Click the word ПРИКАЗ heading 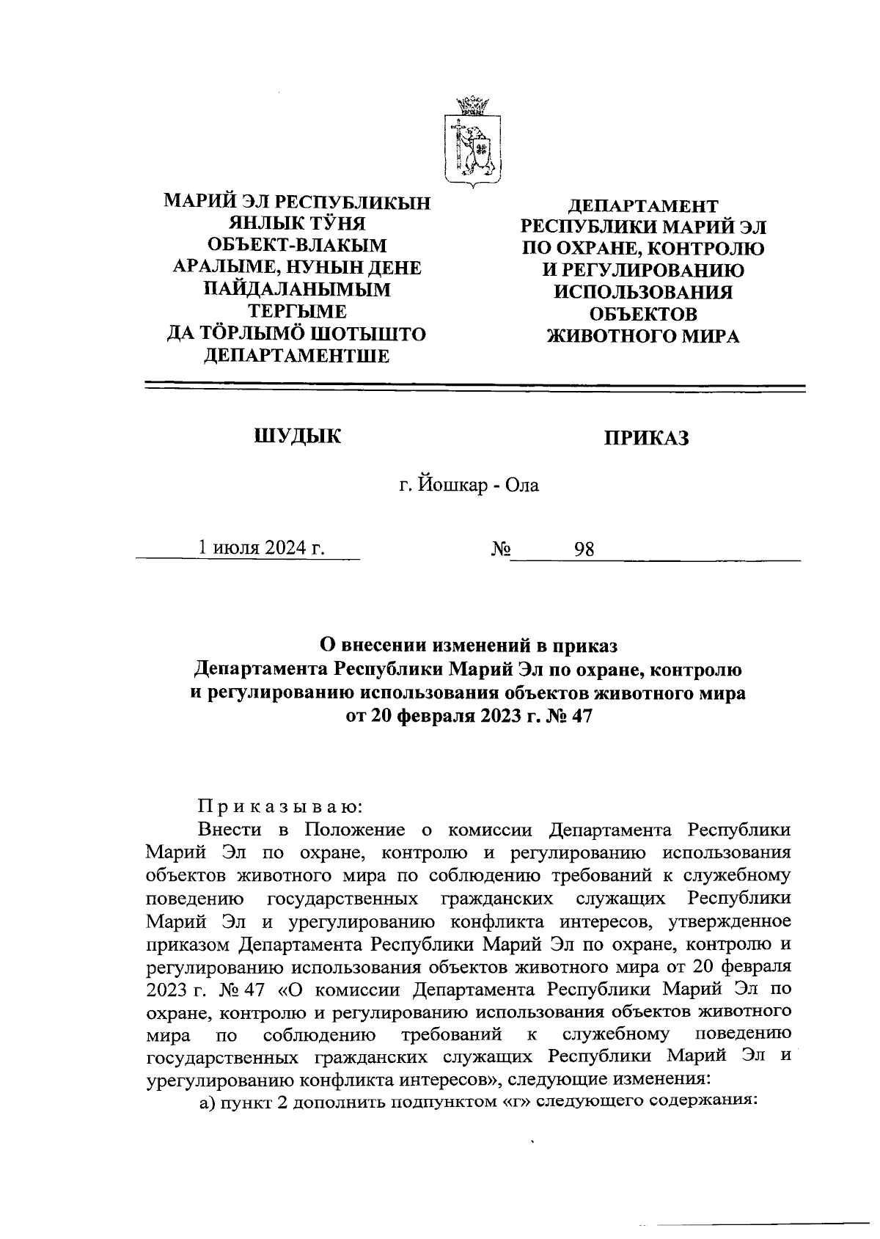coord(647,438)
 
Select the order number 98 coord(584,549)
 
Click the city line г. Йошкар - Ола coord(469,486)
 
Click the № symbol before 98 coord(500,549)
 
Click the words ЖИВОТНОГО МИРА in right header coord(644,337)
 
